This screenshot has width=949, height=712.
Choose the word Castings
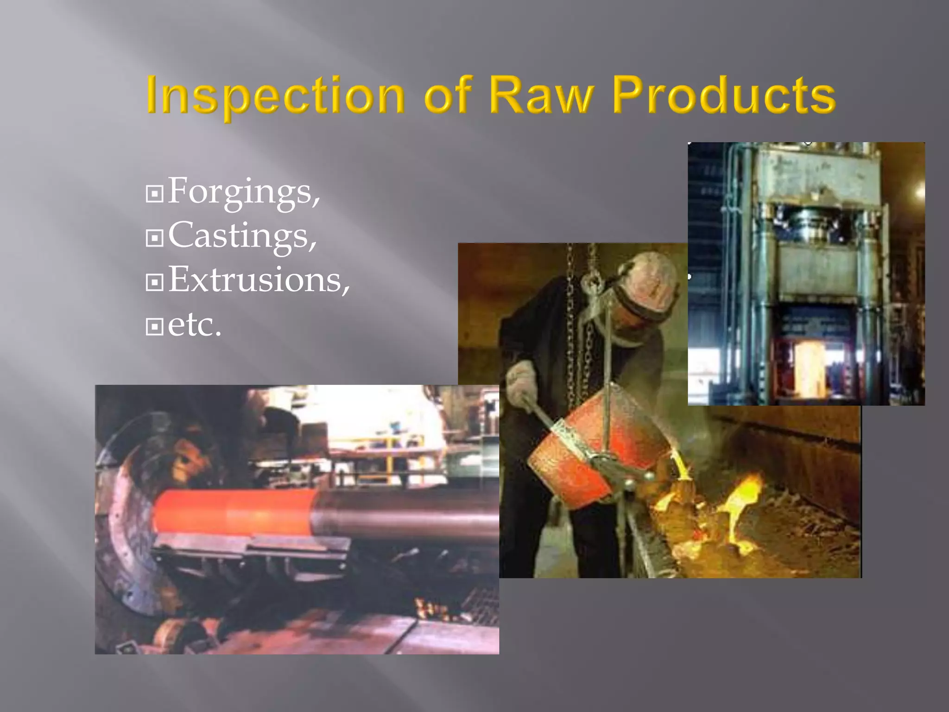click(242, 236)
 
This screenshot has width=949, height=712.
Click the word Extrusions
click(259, 280)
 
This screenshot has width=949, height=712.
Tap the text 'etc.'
click(195, 324)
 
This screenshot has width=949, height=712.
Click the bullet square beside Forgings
click(154, 194)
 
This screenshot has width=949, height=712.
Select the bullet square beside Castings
click(154, 238)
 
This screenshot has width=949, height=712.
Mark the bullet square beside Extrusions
click(154, 282)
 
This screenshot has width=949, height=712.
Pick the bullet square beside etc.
click(154, 327)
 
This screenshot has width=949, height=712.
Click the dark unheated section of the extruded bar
click(408, 512)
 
